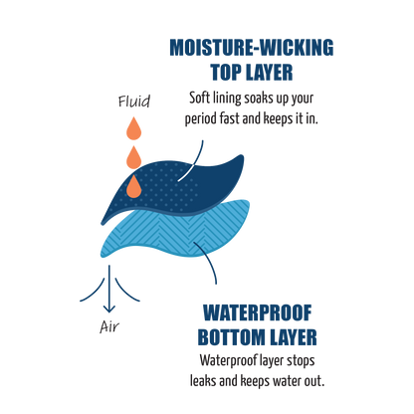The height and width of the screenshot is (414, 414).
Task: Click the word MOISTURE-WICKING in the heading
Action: (252, 47)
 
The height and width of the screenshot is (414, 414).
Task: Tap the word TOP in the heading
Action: (224, 72)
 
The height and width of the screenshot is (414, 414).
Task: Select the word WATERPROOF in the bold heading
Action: (258, 312)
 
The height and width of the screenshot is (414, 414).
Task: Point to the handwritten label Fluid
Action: (134, 102)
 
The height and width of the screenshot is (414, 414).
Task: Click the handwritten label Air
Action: (109, 327)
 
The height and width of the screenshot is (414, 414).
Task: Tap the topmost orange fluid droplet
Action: (134, 128)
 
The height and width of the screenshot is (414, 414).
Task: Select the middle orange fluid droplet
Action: (134, 157)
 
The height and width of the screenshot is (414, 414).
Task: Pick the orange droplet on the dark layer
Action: (134, 186)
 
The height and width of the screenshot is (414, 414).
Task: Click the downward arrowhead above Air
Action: (109, 309)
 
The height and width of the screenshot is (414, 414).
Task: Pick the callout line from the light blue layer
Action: (209, 261)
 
